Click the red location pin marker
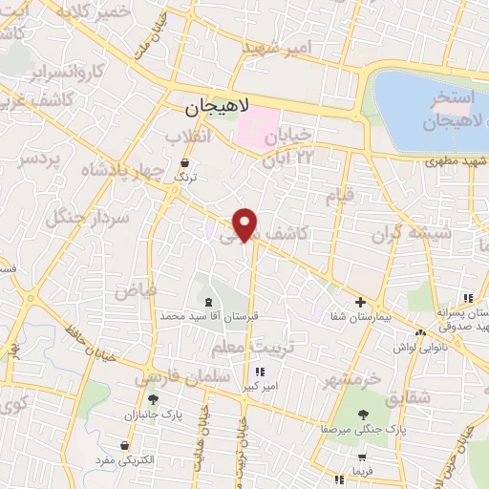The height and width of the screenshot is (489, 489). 246,223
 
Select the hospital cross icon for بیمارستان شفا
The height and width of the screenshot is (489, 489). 359,302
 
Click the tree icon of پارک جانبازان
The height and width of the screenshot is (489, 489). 152,400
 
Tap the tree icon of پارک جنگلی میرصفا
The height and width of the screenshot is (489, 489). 363,414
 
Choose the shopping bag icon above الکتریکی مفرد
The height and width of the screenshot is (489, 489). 125,446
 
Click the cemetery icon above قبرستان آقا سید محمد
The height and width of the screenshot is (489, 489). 208,301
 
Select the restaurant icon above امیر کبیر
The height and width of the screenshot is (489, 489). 259,372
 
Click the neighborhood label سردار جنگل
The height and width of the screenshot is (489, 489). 93,223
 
